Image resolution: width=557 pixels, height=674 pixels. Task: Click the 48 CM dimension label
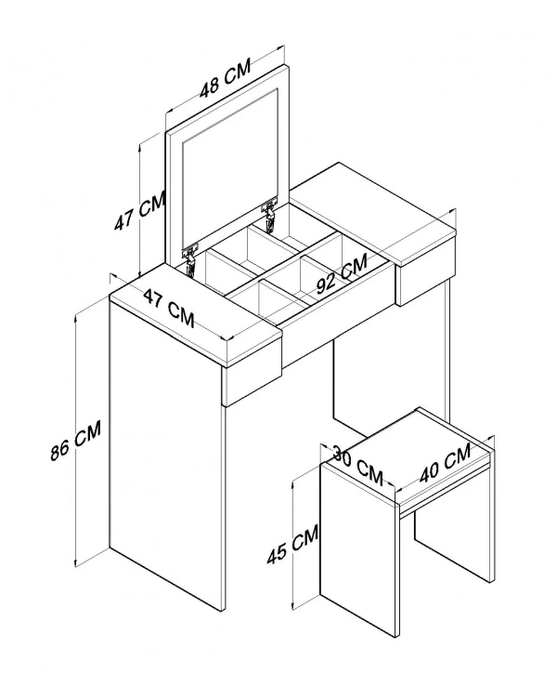tap(226, 79)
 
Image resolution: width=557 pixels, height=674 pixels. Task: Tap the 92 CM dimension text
tap(342, 273)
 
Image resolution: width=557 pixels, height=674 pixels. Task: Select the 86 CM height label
tap(75, 440)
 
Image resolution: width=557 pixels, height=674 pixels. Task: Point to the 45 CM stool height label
tap(292, 543)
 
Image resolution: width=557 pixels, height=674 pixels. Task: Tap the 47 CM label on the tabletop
tap(169, 308)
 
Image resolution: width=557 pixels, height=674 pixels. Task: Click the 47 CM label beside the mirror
tap(140, 211)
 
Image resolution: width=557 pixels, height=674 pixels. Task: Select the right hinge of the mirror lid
tap(269, 215)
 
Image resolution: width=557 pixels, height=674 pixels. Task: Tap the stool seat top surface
tap(408, 456)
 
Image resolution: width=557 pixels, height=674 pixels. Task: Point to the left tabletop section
tap(195, 315)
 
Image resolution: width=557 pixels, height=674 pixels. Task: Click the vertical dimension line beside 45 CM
tap(292, 545)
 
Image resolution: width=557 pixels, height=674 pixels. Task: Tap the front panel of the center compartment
tap(338, 314)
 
